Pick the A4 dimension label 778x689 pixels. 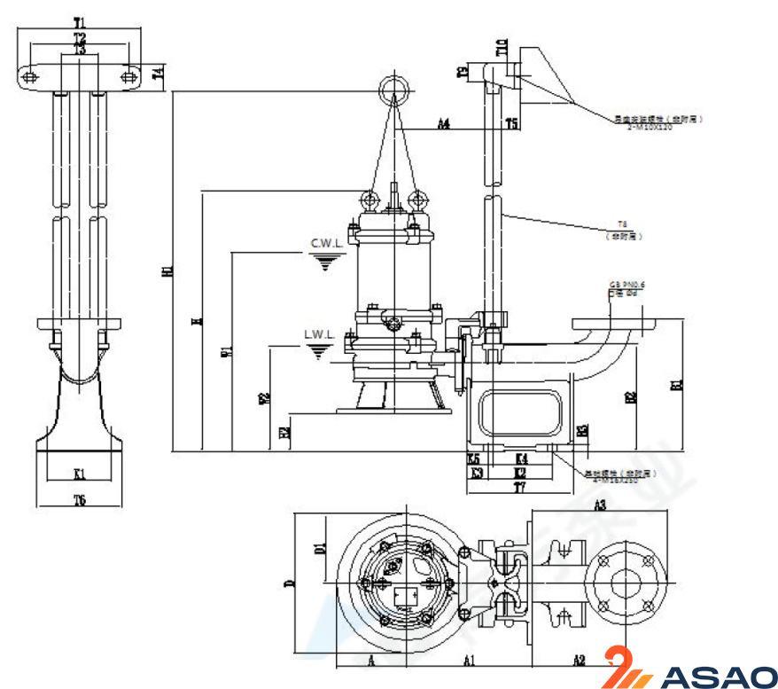[x=444, y=124]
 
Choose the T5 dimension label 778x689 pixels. [x=511, y=124]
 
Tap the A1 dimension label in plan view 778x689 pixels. [x=470, y=659]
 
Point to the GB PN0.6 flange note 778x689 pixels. [x=626, y=283]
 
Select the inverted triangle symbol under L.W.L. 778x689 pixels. [x=318, y=352]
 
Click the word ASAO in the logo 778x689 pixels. [x=717, y=676]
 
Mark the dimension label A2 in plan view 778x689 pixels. [x=579, y=659]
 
